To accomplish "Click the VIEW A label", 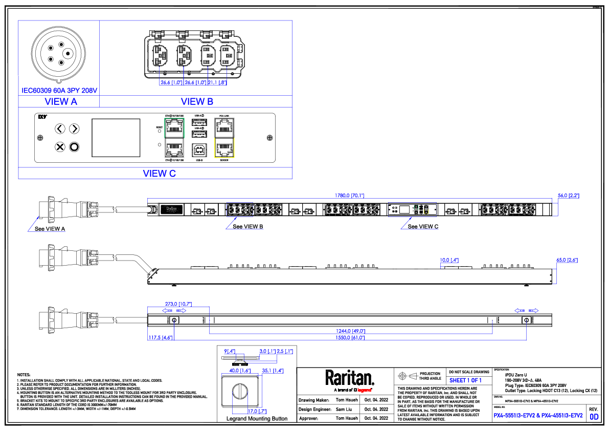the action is click(61, 102).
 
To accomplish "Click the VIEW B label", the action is click(197, 102).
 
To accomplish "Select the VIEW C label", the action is click(160, 174).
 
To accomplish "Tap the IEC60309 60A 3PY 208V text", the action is click(59, 91).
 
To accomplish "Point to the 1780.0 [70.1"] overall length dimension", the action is click(349, 196).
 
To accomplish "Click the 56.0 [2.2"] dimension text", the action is click(568, 196).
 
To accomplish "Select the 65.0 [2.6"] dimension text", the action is click(567, 261).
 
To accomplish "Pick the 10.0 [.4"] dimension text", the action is click(449, 261).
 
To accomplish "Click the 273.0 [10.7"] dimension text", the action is click(178, 304).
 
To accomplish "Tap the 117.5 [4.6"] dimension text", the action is click(161, 338).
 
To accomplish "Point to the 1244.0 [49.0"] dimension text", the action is click(350, 331).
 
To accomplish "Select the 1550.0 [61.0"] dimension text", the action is click(350, 338).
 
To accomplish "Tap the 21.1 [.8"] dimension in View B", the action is click(217, 83).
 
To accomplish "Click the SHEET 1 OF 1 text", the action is click(465, 381).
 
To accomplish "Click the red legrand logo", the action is click(364, 390).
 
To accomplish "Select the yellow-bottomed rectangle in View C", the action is click(224, 138).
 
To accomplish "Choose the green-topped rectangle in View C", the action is click(174, 138).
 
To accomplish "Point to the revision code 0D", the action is click(594, 417).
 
